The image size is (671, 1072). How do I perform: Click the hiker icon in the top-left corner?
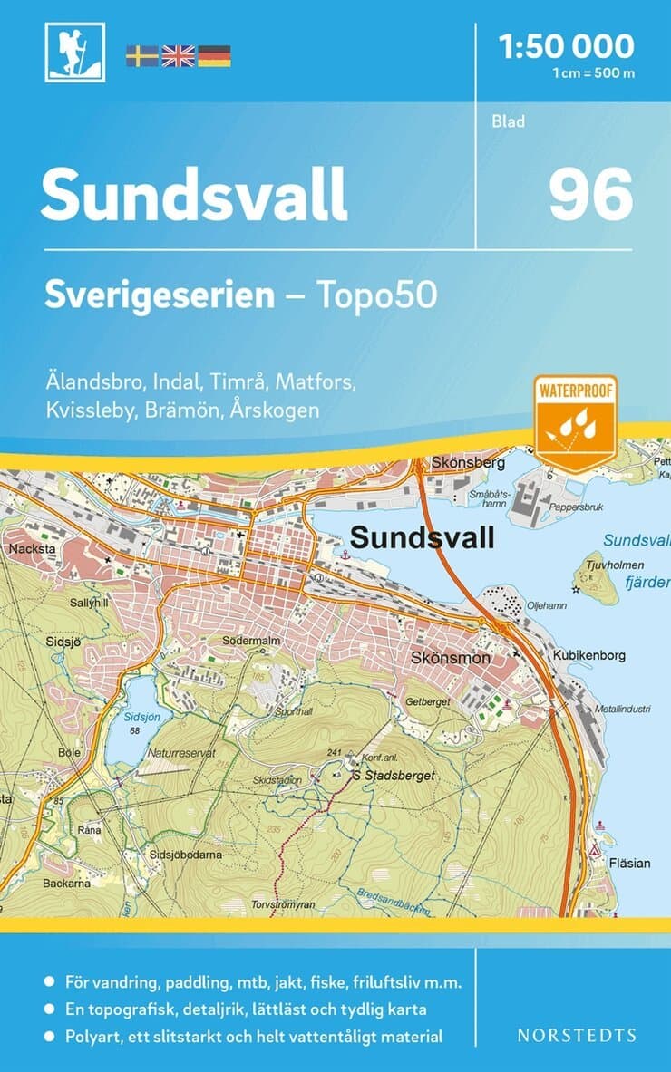pyautogui.click(x=75, y=53)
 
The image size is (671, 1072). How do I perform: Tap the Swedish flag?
pyautogui.click(x=141, y=56)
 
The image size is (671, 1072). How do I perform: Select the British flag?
pyautogui.click(x=178, y=56)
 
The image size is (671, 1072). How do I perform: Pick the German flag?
pyautogui.click(x=214, y=56)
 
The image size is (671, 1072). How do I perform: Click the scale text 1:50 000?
pyautogui.click(x=567, y=45)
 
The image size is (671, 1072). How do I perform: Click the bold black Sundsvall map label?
pyautogui.click(x=422, y=538)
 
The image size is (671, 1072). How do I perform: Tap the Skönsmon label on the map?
pyautogui.click(x=451, y=658)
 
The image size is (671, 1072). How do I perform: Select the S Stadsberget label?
pyautogui.click(x=394, y=776)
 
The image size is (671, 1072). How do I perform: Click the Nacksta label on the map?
pyautogui.click(x=24, y=549)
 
